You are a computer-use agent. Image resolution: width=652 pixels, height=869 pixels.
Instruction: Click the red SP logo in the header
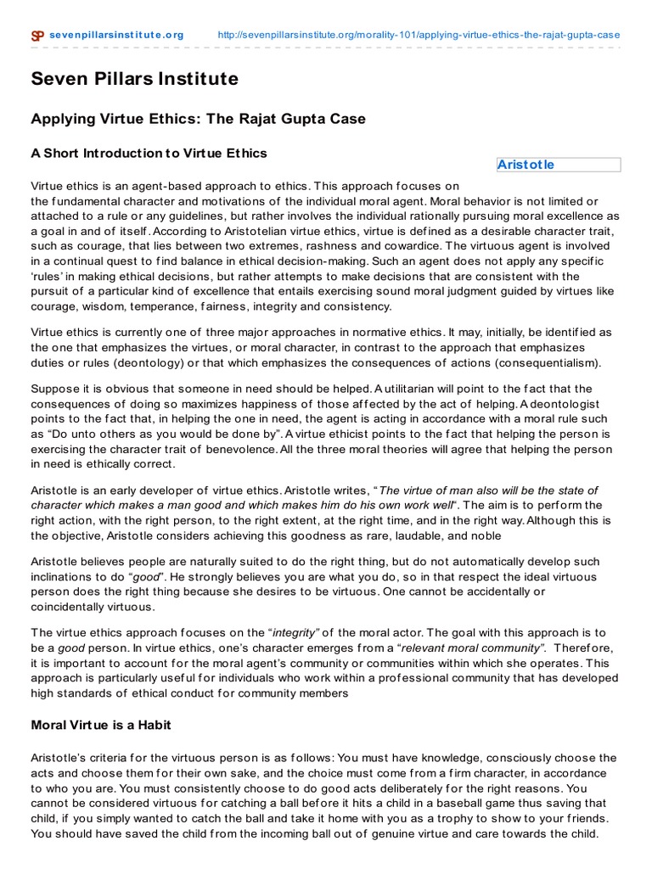[x=37, y=36]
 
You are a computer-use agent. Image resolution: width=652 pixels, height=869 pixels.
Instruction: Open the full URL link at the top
[x=419, y=35]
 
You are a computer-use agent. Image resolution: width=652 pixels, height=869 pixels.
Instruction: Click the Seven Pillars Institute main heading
[x=135, y=80]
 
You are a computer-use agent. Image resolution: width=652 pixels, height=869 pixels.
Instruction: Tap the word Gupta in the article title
[x=291, y=119]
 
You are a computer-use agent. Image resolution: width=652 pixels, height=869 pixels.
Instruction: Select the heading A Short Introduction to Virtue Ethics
[x=149, y=154]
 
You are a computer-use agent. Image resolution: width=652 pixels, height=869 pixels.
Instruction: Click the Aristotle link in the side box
[x=526, y=165]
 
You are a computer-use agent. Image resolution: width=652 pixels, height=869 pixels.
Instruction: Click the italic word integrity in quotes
[x=293, y=632]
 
